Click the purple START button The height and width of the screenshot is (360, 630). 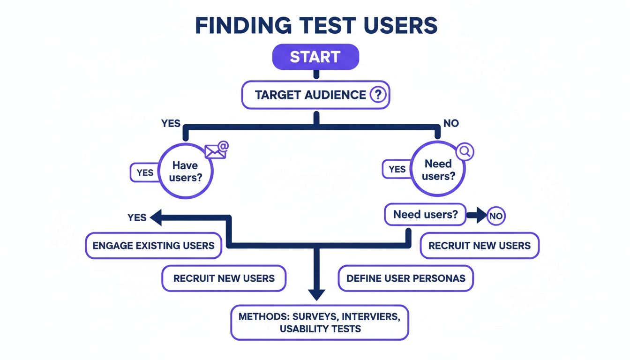(x=315, y=57)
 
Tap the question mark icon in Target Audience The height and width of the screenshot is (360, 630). (x=378, y=95)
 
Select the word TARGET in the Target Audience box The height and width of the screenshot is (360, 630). (x=278, y=95)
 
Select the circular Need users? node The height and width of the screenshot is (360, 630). (x=437, y=170)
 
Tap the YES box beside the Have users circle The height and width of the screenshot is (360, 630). (x=145, y=172)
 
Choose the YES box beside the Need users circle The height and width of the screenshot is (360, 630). (x=397, y=169)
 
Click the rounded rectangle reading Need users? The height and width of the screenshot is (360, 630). (x=425, y=215)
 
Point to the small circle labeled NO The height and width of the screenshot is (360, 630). (x=495, y=216)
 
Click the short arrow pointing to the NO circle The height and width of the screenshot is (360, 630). (x=476, y=216)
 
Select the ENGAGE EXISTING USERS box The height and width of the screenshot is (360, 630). (x=153, y=246)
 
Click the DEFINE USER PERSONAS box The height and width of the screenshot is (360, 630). (x=405, y=278)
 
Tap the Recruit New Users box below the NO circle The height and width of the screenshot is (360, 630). (x=479, y=246)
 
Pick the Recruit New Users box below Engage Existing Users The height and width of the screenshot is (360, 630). (x=224, y=278)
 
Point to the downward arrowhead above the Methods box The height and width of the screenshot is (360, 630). (x=316, y=294)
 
